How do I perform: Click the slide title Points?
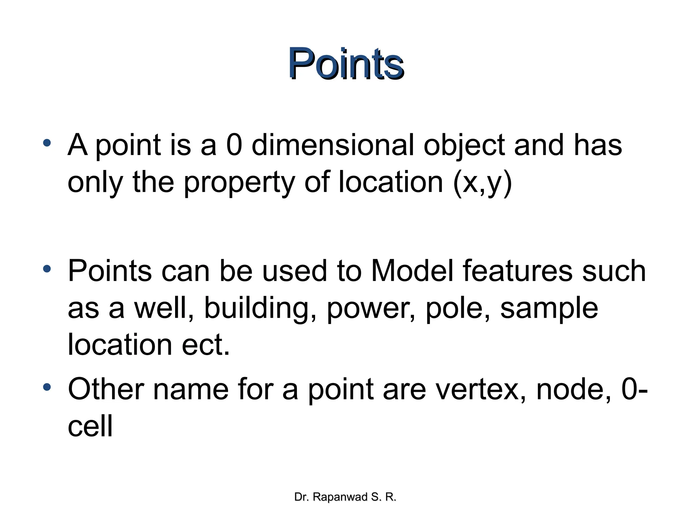point(346,63)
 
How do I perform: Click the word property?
point(239,183)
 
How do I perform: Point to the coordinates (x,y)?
point(482,183)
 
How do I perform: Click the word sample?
point(549,308)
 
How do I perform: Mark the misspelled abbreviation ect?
point(206,345)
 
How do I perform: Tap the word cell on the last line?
point(90,426)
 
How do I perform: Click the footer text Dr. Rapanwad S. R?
point(345,497)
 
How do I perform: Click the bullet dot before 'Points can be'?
point(47,269)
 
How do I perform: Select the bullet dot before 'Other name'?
point(47,387)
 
